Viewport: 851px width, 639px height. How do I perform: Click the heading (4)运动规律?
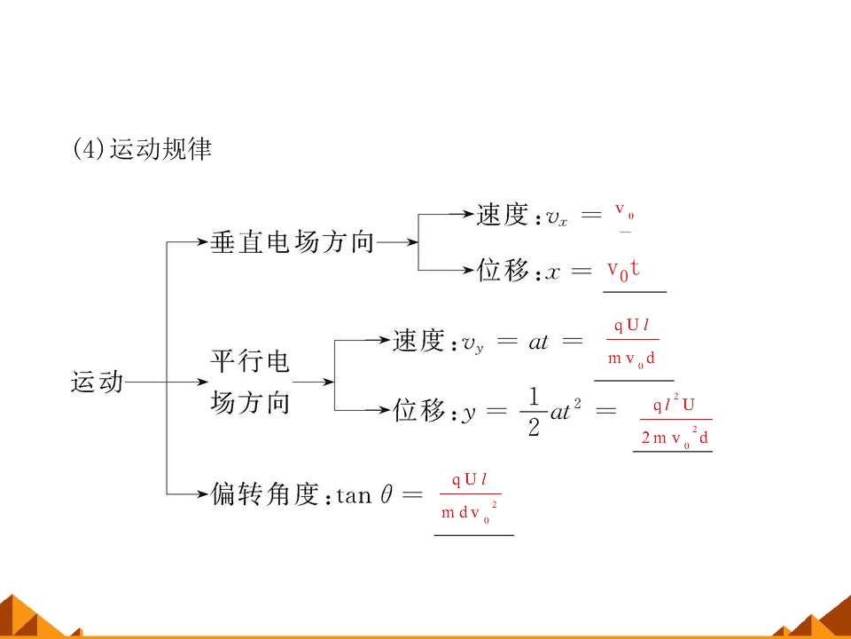(142, 149)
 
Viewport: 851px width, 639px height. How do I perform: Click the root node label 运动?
(97, 383)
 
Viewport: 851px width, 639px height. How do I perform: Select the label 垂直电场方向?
(293, 241)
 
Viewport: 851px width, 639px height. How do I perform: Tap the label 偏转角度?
(265, 494)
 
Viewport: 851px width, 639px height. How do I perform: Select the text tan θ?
(363, 495)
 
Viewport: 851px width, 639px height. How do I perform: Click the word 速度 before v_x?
(502, 215)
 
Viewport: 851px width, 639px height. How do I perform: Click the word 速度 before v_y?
(418, 342)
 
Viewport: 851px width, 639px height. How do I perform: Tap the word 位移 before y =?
(419, 411)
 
